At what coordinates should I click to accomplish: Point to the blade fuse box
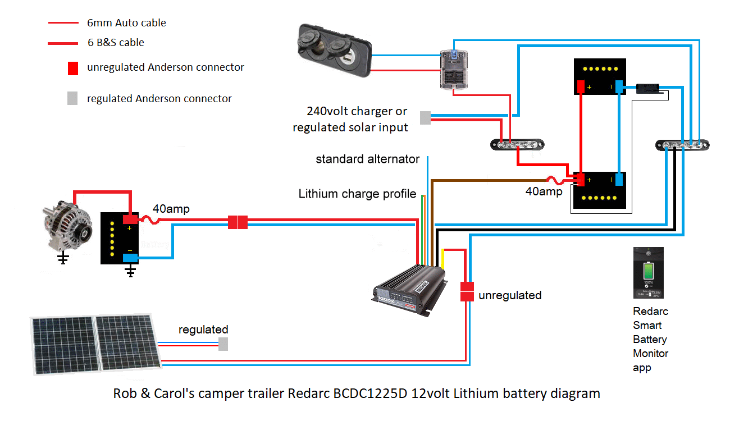tap(455, 68)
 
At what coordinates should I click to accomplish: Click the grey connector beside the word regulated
tap(223, 344)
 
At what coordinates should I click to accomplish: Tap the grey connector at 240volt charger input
tap(426, 117)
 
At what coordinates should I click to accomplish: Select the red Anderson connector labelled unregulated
tap(467, 291)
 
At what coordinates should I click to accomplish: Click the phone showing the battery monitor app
tap(649, 273)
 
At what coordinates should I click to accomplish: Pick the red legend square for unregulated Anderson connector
tap(72, 68)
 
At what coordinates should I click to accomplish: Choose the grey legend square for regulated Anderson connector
tap(72, 99)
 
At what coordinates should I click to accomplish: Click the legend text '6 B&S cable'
tap(116, 43)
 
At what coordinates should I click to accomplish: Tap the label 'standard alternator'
tap(367, 159)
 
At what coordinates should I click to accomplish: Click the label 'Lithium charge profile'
tap(357, 194)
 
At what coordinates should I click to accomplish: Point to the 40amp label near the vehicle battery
tap(171, 209)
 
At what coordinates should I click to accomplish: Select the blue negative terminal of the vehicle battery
tap(131, 258)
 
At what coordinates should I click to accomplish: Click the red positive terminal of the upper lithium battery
tap(581, 87)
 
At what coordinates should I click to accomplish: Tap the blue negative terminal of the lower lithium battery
tap(619, 180)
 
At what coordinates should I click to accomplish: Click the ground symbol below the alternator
tap(63, 259)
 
